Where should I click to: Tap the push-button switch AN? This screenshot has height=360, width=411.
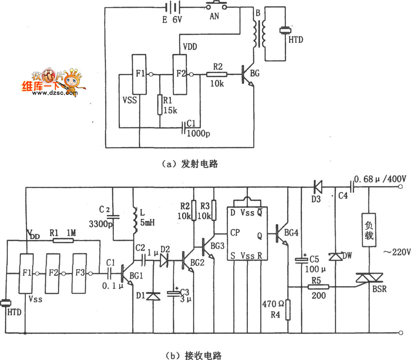216,5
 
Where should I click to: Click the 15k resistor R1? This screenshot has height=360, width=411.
159,105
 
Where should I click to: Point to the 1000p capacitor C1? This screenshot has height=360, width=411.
184,127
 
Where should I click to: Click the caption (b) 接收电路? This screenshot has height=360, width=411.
194,355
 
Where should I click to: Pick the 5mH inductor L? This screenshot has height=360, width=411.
135,220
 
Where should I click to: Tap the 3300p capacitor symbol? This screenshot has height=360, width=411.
113,217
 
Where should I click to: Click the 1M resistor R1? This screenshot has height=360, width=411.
63,240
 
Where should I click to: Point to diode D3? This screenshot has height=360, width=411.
318,187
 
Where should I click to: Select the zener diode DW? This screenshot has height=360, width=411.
335,257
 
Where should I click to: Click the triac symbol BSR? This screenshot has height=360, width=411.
369,278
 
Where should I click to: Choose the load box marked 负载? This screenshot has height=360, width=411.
369,230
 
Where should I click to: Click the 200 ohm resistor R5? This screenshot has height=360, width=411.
318,287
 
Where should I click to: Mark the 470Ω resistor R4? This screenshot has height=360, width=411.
288,310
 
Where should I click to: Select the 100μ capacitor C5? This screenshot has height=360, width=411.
302,260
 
